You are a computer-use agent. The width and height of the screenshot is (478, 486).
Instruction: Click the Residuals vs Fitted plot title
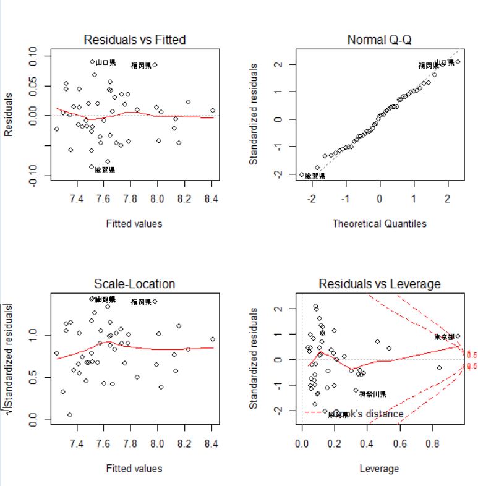point(134,40)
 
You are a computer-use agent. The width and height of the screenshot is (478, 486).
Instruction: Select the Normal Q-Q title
point(379,40)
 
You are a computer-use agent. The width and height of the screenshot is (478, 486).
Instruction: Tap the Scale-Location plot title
point(134,284)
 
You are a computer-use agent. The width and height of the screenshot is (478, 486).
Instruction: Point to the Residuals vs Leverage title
point(379,284)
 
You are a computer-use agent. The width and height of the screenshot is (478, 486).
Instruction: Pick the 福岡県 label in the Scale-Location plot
point(141,302)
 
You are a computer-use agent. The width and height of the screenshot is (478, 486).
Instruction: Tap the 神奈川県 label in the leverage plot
point(373,394)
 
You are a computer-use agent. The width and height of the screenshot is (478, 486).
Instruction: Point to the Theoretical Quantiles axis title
point(379,223)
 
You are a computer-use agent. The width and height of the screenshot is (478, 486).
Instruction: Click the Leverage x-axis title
point(379,469)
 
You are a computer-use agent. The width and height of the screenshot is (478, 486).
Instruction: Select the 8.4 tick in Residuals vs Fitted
point(211,198)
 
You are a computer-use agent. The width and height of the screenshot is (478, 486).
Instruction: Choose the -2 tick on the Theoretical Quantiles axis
point(312,198)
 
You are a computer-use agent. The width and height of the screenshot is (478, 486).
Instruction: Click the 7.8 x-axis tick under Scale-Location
point(130,443)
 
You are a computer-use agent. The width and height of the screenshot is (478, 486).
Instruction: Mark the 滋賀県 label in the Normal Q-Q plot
point(315,176)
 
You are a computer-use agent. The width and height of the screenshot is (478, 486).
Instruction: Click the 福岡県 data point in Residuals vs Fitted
point(155,65)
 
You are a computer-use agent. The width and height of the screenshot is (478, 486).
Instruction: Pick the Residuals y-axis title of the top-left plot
point(9,114)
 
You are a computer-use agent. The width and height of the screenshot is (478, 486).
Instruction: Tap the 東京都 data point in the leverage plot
point(458,336)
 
